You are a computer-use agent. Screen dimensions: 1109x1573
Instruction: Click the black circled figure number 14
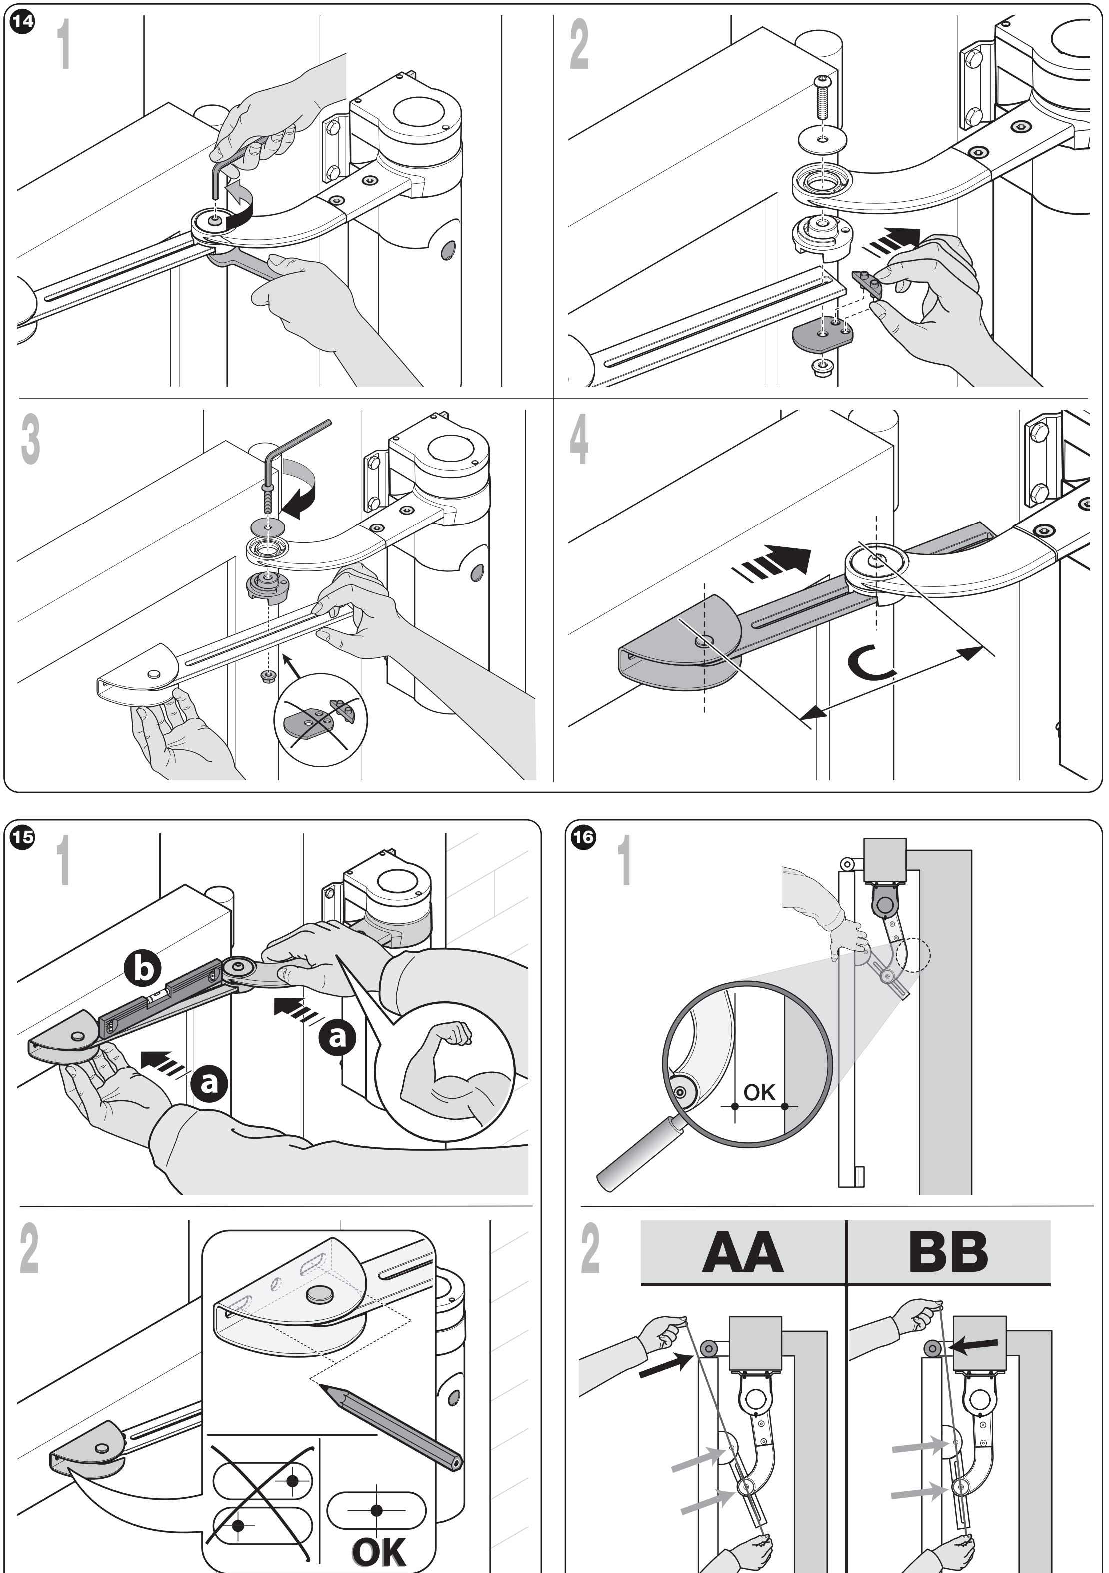(22, 22)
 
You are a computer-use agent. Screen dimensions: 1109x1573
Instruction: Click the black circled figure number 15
(22, 837)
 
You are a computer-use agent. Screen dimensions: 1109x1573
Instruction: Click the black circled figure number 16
(583, 837)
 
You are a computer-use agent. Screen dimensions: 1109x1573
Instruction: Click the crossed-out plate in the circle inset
(321, 719)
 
